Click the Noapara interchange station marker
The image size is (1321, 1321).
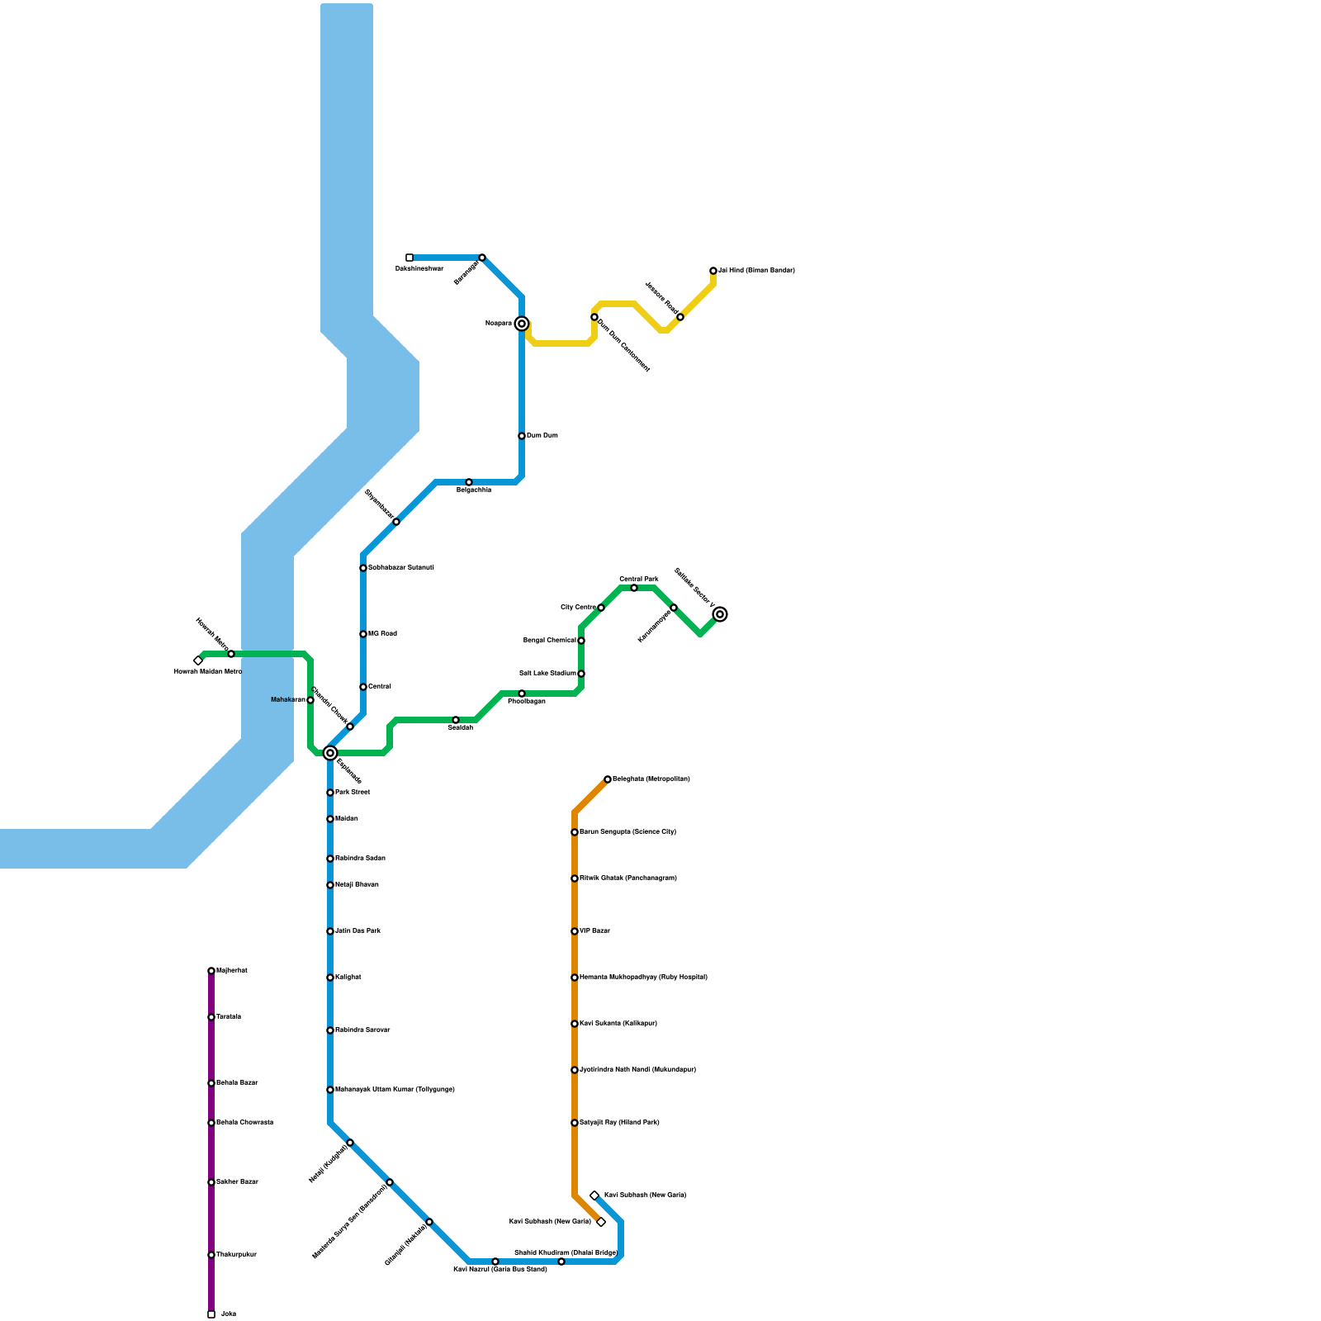tap(522, 324)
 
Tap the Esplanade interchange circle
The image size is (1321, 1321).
tap(330, 753)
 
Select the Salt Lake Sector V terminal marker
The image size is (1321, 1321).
tap(720, 614)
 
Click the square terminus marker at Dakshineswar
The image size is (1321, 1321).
tap(410, 258)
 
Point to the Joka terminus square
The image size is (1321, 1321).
tap(211, 1314)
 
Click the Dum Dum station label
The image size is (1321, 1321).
tap(542, 436)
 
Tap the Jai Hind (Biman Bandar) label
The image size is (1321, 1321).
tap(756, 271)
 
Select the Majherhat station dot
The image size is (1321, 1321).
tap(211, 971)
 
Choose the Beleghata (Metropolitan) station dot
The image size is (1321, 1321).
tap(608, 779)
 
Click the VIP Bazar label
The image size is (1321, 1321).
tap(594, 931)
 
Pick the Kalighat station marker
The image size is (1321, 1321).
tap(330, 978)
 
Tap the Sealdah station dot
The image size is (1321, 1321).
tap(456, 720)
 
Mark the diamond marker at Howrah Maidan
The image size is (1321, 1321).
tap(198, 660)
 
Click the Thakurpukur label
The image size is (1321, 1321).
tap(236, 1255)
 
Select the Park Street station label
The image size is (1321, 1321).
tap(353, 793)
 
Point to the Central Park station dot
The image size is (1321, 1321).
tap(634, 588)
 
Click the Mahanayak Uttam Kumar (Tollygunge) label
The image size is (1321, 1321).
tap(395, 1090)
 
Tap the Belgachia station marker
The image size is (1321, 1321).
tap(469, 482)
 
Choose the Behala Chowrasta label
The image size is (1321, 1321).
tap(244, 1123)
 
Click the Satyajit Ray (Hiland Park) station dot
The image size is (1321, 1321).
tap(575, 1123)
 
